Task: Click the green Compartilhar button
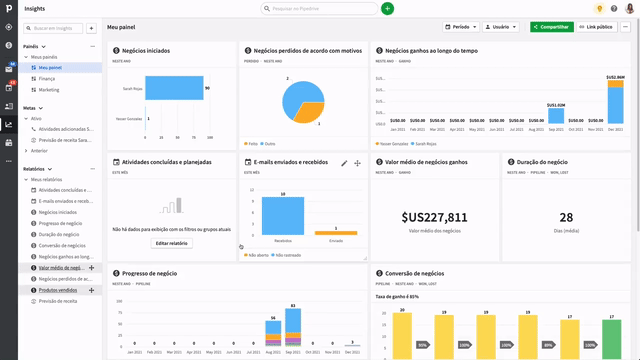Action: [551, 27]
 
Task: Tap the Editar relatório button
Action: [171, 243]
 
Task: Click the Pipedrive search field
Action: [320, 8]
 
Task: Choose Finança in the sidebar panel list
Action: [48, 78]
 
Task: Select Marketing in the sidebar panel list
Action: [51, 89]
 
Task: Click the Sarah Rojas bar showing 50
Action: [174, 88]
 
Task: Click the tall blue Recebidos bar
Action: [282, 216]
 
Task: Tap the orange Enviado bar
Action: [335, 233]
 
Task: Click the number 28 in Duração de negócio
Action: [566, 217]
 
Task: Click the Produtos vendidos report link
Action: [58, 290]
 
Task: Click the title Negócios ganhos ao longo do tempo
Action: [431, 49]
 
